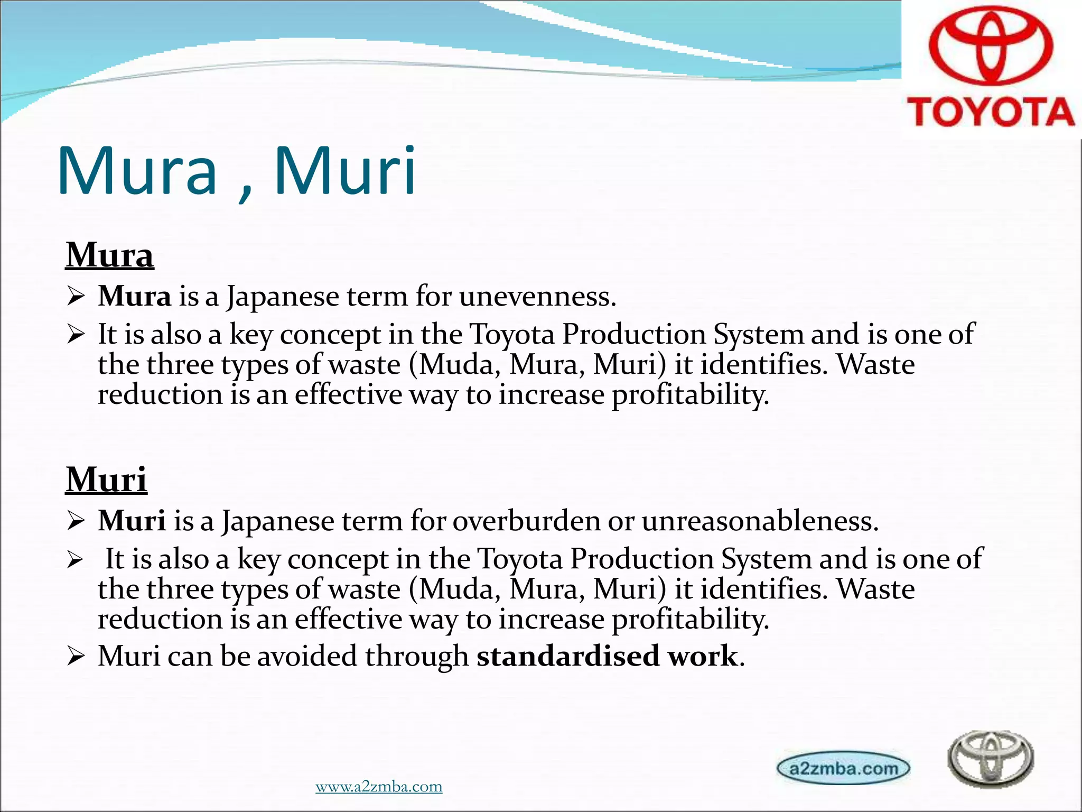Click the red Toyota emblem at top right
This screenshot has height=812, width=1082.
[x=991, y=49]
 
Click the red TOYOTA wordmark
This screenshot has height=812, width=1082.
[x=991, y=112]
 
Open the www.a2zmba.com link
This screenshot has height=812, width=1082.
[x=379, y=787]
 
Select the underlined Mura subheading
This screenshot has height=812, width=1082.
[x=109, y=255]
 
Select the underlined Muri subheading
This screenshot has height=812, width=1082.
[x=106, y=480]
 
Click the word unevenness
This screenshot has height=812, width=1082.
[x=537, y=296]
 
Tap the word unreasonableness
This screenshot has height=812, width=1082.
[x=760, y=521]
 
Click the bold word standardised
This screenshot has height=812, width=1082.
[x=568, y=656]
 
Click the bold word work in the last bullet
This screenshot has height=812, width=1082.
[x=703, y=656]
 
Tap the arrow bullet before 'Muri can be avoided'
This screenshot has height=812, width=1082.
[x=76, y=657]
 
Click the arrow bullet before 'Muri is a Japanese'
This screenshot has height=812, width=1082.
[x=76, y=522]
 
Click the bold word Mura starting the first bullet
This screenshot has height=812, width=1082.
[x=134, y=296]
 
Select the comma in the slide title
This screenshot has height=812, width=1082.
[x=245, y=191]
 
